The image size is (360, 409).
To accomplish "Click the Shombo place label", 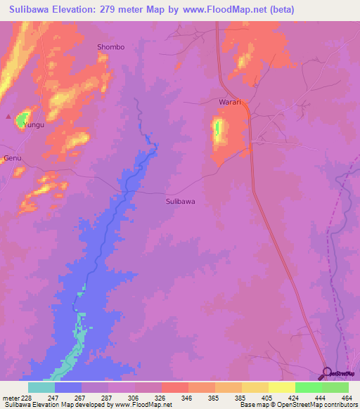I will tap(110, 47).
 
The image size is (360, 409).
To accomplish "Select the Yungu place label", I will tap(34, 124).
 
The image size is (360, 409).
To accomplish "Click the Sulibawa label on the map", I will tap(180, 201).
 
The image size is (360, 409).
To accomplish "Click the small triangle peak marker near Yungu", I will tap(8, 117).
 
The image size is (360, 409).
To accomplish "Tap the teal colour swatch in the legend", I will tap(41, 387).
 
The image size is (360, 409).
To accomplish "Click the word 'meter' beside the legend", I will tap(11, 397).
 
